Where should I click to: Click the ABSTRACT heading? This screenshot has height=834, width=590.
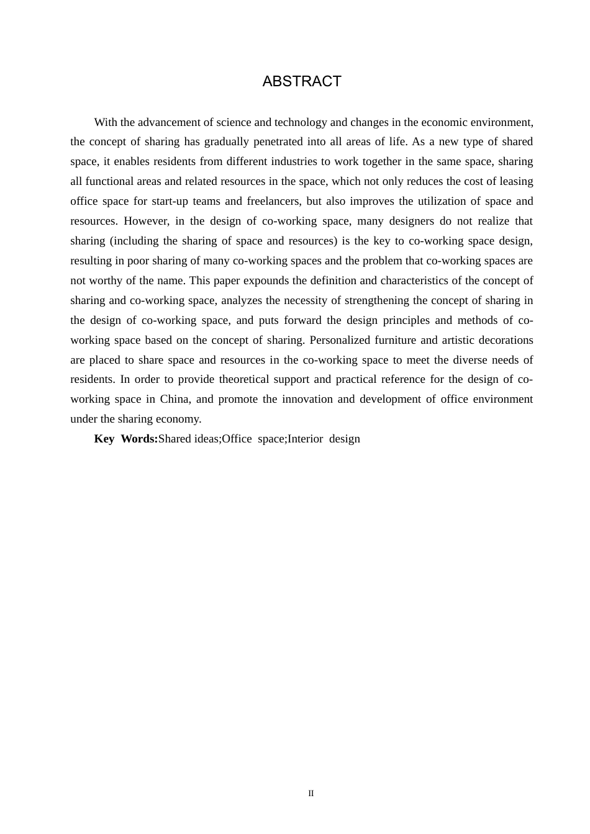point(302,81)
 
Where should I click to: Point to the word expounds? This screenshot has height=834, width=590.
point(265,280)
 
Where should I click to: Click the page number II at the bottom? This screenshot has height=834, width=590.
point(311,794)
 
